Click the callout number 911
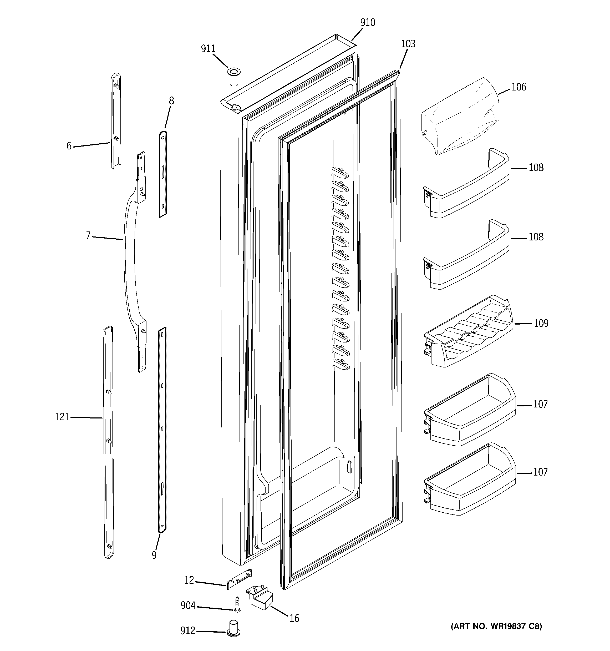[208, 49]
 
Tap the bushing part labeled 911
[233, 77]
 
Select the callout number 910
[367, 23]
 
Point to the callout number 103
[408, 44]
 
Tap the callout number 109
[541, 324]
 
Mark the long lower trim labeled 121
[108, 442]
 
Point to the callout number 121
[62, 417]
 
